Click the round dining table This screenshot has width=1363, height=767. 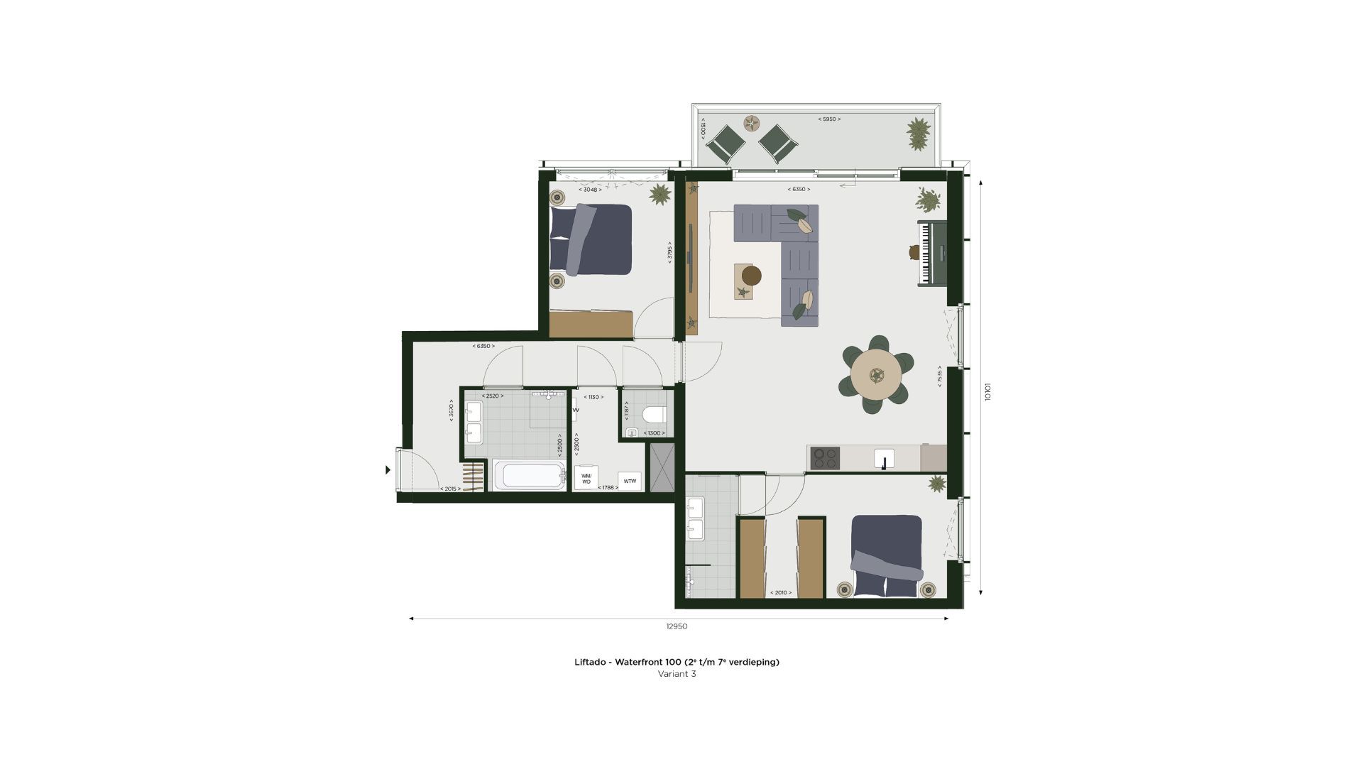coord(876,374)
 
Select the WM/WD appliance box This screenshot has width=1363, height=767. coord(586,478)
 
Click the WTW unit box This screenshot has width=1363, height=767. coord(630,482)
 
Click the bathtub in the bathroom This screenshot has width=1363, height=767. coord(530,476)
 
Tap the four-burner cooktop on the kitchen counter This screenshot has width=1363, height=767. coord(824,458)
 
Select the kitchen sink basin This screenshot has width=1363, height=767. coord(885,458)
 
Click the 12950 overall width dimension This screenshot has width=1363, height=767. coord(677,626)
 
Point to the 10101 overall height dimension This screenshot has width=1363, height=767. coord(987,392)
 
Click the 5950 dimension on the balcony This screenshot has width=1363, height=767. coord(828,119)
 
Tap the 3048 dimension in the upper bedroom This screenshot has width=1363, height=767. coord(590,190)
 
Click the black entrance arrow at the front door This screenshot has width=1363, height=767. coord(388,469)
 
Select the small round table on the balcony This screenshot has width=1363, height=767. coord(751,124)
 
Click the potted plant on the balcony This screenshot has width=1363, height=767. coord(918,133)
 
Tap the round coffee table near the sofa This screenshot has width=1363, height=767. coord(751,276)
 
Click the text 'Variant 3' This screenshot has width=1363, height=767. coord(677,674)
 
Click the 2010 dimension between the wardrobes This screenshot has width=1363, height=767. coord(780,592)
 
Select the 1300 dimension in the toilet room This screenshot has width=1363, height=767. coord(654,433)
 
